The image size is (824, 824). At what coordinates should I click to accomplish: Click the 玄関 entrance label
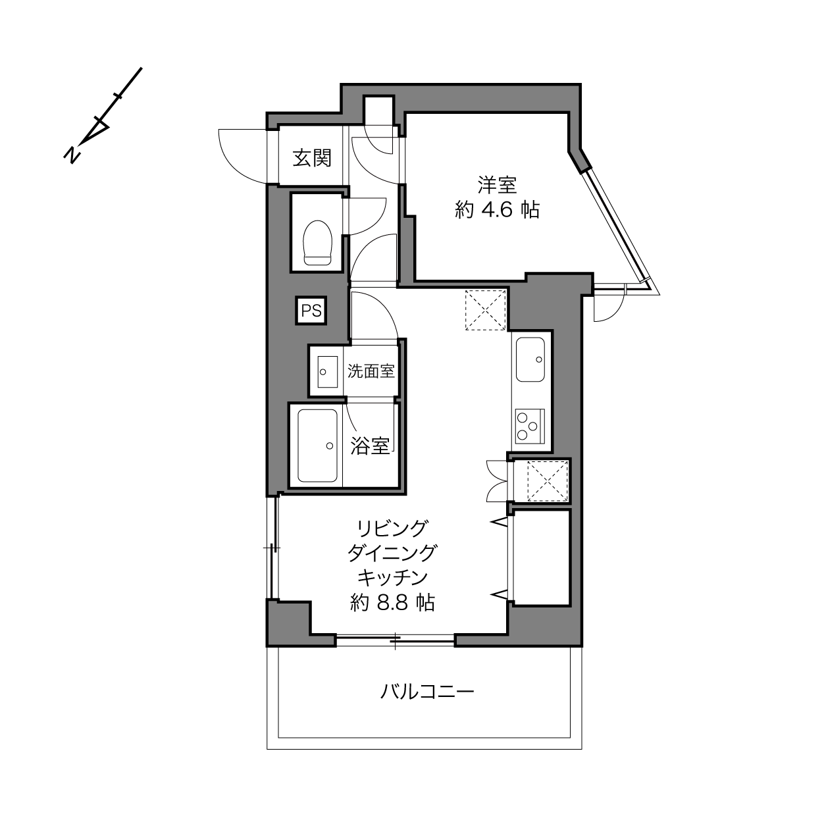click(312, 158)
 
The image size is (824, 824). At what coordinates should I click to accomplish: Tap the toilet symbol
click(317, 243)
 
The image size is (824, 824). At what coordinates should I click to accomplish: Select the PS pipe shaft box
click(311, 311)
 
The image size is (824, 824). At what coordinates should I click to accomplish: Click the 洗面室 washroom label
click(371, 371)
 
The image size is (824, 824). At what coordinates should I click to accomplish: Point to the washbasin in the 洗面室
click(328, 372)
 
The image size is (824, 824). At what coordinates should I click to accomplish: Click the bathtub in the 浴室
click(318, 446)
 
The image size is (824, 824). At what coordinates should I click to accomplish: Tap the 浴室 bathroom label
click(370, 446)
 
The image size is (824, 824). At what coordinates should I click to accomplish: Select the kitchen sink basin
click(530, 359)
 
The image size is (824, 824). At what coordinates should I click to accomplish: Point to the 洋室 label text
click(498, 185)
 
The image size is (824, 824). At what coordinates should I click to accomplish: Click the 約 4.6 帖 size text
click(498, 210)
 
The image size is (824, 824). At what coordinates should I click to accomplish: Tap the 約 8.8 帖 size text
click(392, 602)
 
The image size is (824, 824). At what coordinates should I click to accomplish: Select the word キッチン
click(392, 578)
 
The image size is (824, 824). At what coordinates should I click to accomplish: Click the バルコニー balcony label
click(427, 692)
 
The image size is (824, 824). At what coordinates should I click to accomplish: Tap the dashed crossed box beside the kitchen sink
click(486, 310)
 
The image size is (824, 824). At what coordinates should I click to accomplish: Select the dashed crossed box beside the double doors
click(548, 482)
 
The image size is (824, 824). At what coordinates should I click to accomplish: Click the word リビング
click(392, 528)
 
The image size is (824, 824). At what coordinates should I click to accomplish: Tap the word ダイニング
click(392, 553)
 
